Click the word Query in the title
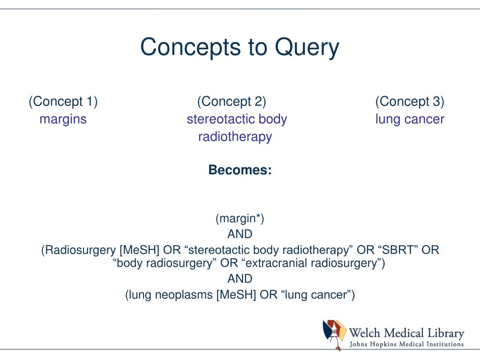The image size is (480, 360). coord(307,47)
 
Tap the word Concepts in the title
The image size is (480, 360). coord(190,47)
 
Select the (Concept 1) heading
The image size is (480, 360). coord(63,102)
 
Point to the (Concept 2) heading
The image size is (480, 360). coord(232,102)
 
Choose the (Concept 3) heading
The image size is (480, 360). coord(410,102)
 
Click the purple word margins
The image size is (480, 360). coord(63,120)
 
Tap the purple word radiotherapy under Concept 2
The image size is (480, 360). coord(235,137)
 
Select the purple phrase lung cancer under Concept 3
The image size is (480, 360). coord(410,120)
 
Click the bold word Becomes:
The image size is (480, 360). coord(240,170)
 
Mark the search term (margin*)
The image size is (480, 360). coord(240,218)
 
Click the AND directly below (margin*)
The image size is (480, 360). coord(240,234)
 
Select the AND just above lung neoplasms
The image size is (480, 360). coord(240,279)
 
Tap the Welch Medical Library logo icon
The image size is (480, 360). coord(335,334)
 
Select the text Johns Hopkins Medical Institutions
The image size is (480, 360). coord(406,345)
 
